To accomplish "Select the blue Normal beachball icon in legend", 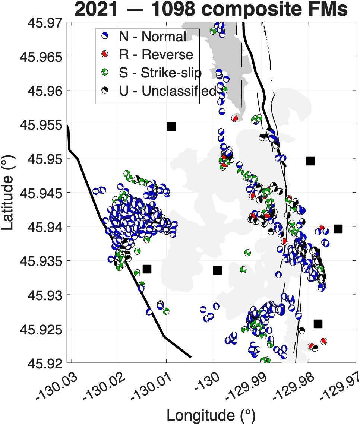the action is tap(104, 36).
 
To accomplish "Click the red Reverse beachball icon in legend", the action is tap(104, 54).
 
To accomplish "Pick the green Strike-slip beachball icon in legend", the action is tap(104, 72).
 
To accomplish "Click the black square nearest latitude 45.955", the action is tap(171, 126).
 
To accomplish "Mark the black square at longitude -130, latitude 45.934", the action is tap(217, 270).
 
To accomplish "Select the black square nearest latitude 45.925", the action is tap(318, 324).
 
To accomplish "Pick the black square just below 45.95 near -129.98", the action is tap(310, 161).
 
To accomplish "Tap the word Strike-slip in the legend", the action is tap(171, 73).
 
